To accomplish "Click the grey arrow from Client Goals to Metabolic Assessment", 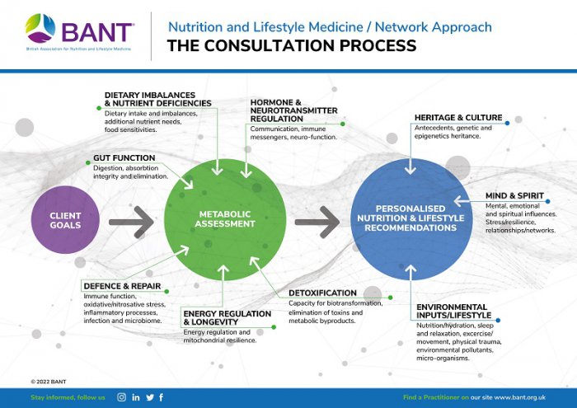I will (131, 221).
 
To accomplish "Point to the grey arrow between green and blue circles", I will (317, 221).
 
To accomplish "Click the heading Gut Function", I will (124, 157).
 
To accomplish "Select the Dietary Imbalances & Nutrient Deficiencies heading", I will (157, 99).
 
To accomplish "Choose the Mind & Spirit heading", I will (514, 195).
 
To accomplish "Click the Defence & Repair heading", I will (121, 286).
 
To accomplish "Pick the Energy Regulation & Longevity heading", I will (227, 318).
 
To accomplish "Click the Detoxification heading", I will (322, 293).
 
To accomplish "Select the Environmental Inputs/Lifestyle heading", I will (453, 311).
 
